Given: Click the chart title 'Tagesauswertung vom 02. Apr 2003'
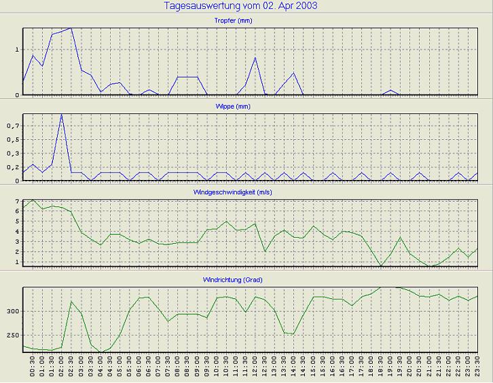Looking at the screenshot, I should coord(241,6).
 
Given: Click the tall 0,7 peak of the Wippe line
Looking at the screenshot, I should coord(62,115).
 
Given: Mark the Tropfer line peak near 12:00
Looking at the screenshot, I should coord(255,58).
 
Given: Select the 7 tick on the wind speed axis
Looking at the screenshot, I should coord(17,202).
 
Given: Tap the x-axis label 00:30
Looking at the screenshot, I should coord(33,367).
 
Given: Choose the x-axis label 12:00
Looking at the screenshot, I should coord(255,367).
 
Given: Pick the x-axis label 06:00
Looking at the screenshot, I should coord(139,367).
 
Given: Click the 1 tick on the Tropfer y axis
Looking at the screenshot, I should coord(17,50).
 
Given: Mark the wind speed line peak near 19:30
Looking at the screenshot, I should coord(401,238).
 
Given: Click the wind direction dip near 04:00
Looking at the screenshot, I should coord(101,352).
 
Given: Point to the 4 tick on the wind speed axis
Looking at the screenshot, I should coord(17,232).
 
